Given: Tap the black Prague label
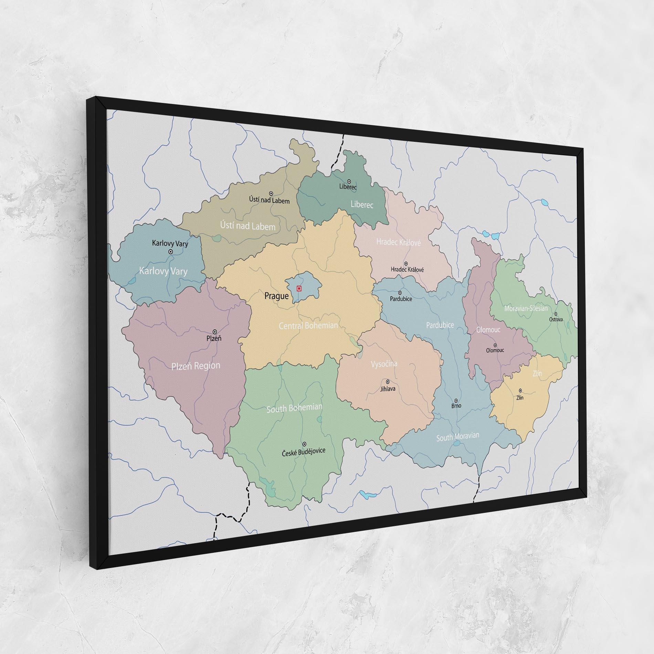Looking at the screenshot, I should (276, 296).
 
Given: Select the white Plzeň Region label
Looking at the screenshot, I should (196, 366).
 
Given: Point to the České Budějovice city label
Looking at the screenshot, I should (304, 451).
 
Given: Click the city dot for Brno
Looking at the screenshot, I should (456, 401).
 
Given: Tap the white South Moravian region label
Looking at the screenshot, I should (458, 437).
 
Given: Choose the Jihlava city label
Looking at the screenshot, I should (388, 389).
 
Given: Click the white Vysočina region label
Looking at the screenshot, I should (384, 364).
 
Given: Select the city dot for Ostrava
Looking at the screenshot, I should (556, 314).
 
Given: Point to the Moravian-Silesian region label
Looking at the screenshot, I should (526, 308).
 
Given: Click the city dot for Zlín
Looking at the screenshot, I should (520, 390).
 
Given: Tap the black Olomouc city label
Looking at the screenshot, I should (495, 350).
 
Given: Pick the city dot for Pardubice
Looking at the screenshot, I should (400, 293).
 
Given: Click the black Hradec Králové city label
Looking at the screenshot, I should (407, 270).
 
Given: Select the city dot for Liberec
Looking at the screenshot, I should (349, 181).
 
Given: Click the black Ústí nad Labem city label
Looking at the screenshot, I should (269, 200).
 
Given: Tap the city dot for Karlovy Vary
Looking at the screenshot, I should (170, 252).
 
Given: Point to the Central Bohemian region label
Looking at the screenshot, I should (308, 325).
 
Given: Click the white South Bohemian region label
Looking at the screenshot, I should (294, 408).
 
